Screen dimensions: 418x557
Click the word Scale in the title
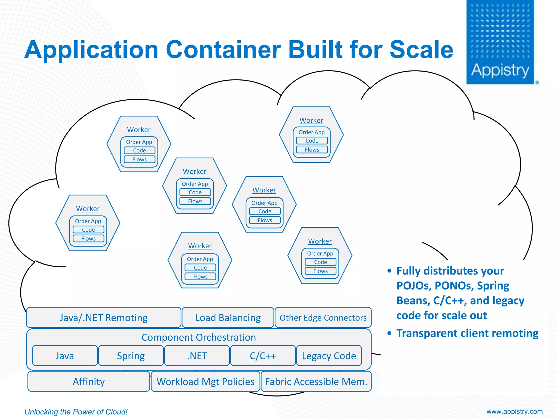[x=421, y=50]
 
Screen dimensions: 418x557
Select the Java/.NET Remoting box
[x=104, y=318]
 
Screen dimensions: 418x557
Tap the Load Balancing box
[x=228, y=318]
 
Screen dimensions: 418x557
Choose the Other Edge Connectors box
[x=323, y=318]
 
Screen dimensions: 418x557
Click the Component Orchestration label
[x=199, y=337]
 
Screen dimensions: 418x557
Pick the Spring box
[x=131, y=356]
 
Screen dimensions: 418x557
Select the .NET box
[x=197, y=356]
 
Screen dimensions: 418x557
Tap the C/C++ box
[x=263, y=356]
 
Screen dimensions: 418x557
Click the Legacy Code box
[x=329, y=356]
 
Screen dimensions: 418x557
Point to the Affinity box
[x=89, y=382]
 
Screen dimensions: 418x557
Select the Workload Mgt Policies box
[x=205, y=382]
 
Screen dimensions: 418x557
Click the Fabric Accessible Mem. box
[x=316, y=382]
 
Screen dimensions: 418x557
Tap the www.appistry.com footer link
[x=514, y=411]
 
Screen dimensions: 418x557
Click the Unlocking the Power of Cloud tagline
[x=76, y=412]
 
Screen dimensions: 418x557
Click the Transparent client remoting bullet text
[x=467, y=333]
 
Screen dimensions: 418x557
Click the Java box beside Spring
[x=65, y=356]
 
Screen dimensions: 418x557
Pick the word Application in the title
[x=91, y=50]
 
